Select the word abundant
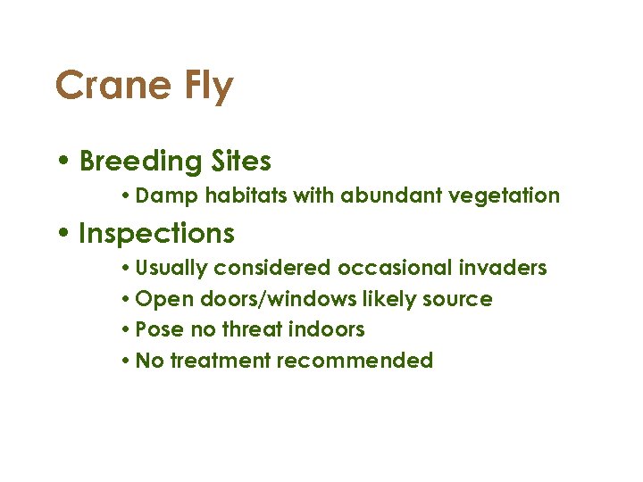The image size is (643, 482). pyautogui.click(x=382, y=195)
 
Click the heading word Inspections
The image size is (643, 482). pyautogui.click(x=157, y=234)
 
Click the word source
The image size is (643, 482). pyautogui.click(x=460, y=299)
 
